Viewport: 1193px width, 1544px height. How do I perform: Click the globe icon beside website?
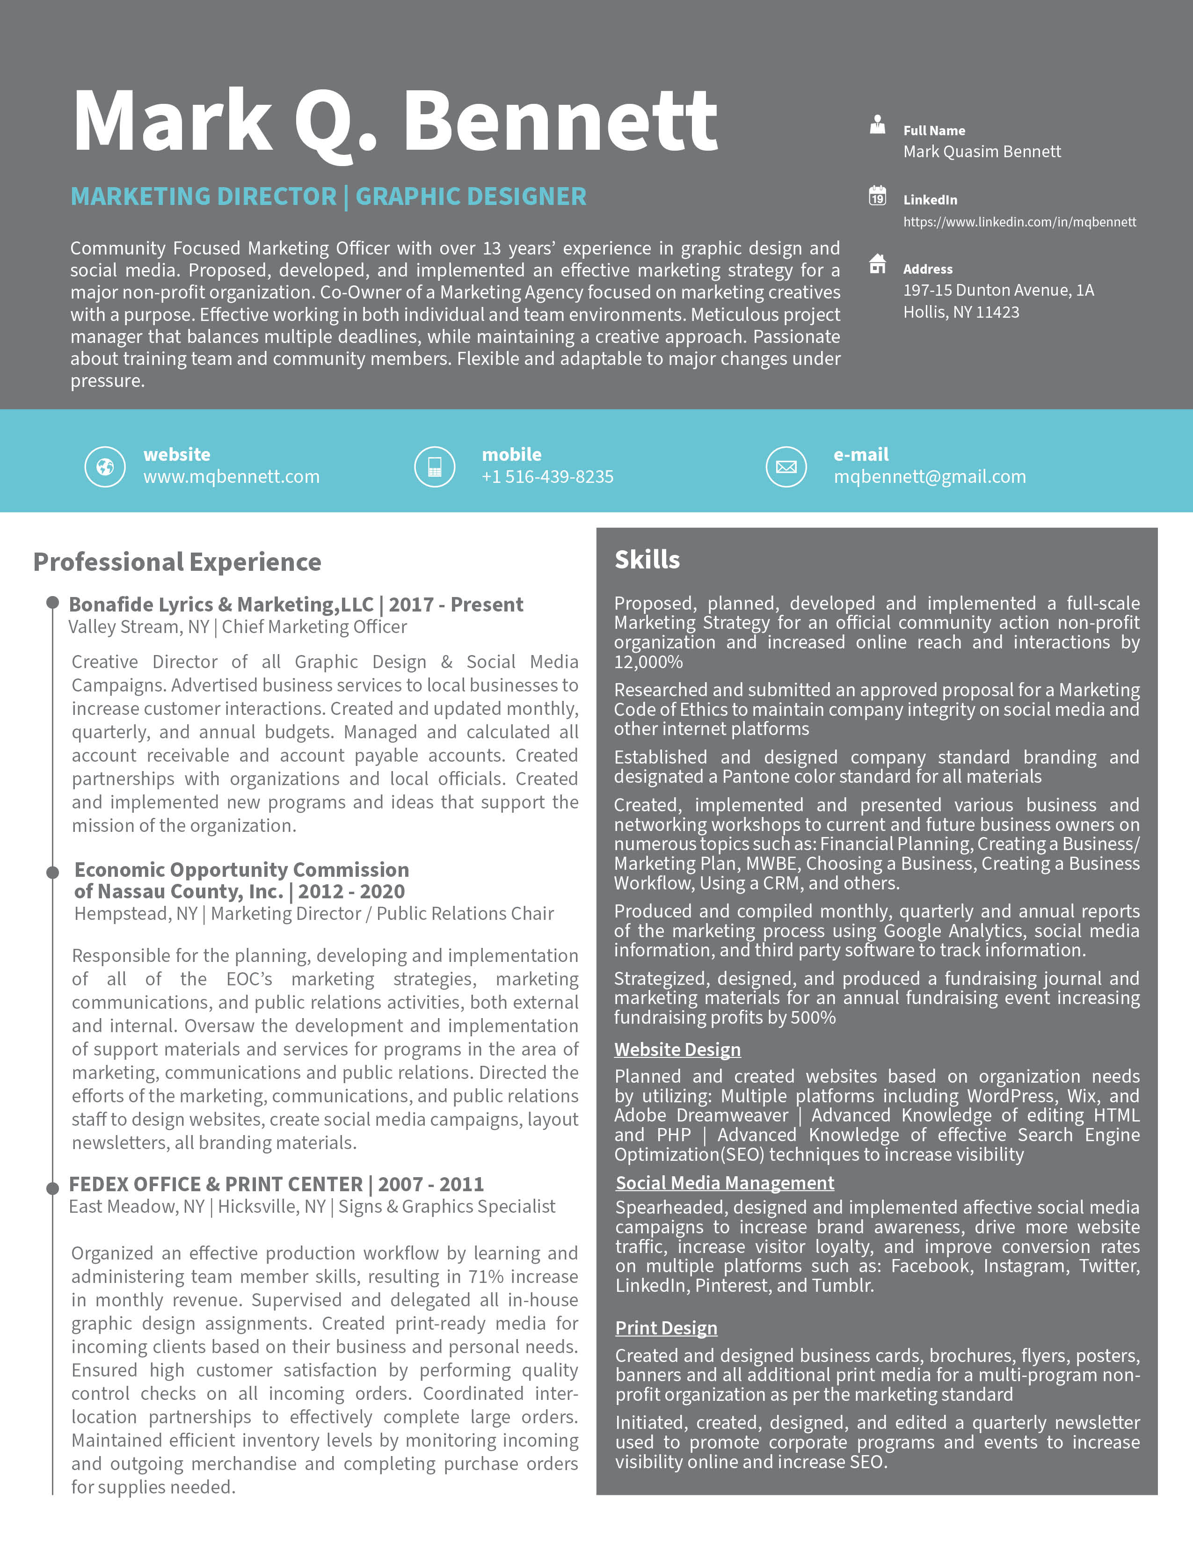click(x=105, y=466)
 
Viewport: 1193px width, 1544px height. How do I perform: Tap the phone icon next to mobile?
click(x=435, y=466)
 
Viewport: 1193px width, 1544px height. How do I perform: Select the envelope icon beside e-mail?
click(x=786, y=466)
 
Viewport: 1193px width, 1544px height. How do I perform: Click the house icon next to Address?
click(x=877, y=264)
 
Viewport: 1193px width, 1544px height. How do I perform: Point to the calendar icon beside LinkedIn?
click(x=877, y=195)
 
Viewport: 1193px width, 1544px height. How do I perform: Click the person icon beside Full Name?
click(x=877, y=125)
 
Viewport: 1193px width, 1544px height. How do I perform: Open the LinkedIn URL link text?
click(x=1019, y=222)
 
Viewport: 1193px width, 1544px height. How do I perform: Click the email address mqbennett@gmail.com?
click(x=930, y=477)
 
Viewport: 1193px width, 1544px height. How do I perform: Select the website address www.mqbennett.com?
click(x=231, y=477)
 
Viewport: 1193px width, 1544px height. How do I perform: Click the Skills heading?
click(x=647, y=560)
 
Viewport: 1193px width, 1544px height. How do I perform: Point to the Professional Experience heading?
click(x=177, y=562)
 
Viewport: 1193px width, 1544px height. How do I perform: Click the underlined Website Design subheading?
click(x=677, y=1050)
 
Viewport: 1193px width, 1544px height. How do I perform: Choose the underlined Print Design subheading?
click(x=666, y=1328)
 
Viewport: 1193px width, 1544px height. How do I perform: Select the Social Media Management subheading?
click(x=724, y=1183)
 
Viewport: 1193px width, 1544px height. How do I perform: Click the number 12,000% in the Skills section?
click(x=648, y=663)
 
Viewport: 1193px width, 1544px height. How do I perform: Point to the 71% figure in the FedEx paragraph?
click(x=486, y=1277)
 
